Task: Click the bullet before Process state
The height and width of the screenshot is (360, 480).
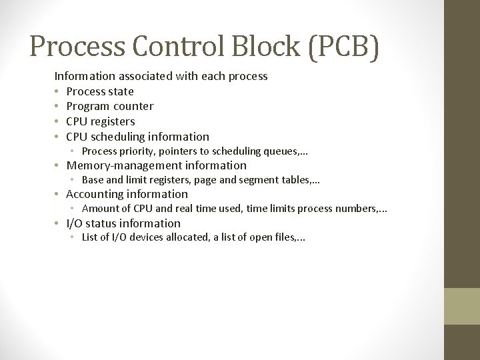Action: click(x=58, y=91)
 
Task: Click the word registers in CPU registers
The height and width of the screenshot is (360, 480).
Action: click(x=113, y=121)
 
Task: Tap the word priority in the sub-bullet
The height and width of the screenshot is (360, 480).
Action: click(x=137, y=151)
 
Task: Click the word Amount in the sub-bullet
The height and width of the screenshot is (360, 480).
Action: click(x=99, y=209)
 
